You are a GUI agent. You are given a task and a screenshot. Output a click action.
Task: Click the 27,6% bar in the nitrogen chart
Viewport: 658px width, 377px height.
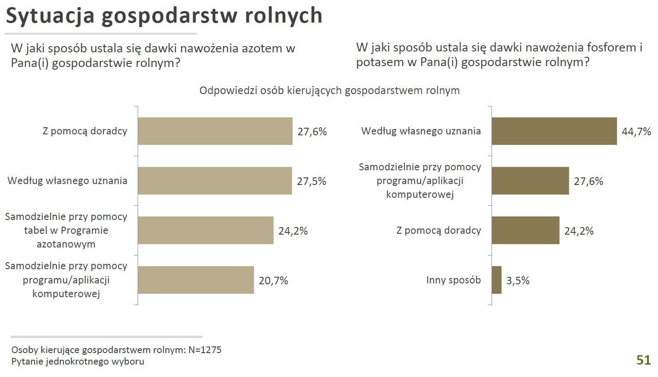click(x=215, y=131)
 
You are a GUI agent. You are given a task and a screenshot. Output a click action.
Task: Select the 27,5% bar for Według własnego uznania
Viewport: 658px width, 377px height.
click(x=215, y=181)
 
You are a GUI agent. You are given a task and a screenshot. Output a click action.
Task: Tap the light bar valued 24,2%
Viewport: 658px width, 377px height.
click(x=206, y=231)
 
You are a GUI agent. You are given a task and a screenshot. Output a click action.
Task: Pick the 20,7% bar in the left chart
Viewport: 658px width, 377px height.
click(x=196, y=280)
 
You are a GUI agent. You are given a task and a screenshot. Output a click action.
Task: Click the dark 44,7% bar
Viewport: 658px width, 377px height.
click(x=554, y=131)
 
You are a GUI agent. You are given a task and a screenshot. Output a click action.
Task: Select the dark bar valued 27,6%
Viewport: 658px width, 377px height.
click(x=530, y=181)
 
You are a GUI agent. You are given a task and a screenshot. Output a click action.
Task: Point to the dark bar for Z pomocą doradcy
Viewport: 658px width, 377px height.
click(x=525, y=231)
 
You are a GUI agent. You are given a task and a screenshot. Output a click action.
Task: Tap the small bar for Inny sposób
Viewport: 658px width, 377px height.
click(x=496, y=280)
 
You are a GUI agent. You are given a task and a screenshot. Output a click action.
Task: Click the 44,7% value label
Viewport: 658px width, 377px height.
click(x=636, y=132)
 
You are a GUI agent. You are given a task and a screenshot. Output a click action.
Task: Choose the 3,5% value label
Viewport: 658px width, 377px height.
click(x=518, y=281)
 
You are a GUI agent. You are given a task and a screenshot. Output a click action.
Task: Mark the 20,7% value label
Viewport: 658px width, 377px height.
click(x=273, y=281)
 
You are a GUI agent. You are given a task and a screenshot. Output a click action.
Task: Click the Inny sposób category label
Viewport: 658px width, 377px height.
click(x=453, y=280)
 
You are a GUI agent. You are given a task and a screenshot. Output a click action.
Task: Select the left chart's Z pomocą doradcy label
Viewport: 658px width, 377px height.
click(x=85, y=131)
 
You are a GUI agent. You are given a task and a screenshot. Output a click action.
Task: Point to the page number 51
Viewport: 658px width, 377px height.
click(x=643, y=360)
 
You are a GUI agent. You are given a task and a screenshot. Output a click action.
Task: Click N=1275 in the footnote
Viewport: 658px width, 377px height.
click(x=205, y=350)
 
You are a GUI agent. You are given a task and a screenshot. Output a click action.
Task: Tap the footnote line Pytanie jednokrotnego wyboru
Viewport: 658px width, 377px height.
click(x=78, y=361)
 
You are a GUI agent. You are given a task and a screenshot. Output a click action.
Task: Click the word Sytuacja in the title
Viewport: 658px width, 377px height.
click(x=50, y=16)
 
